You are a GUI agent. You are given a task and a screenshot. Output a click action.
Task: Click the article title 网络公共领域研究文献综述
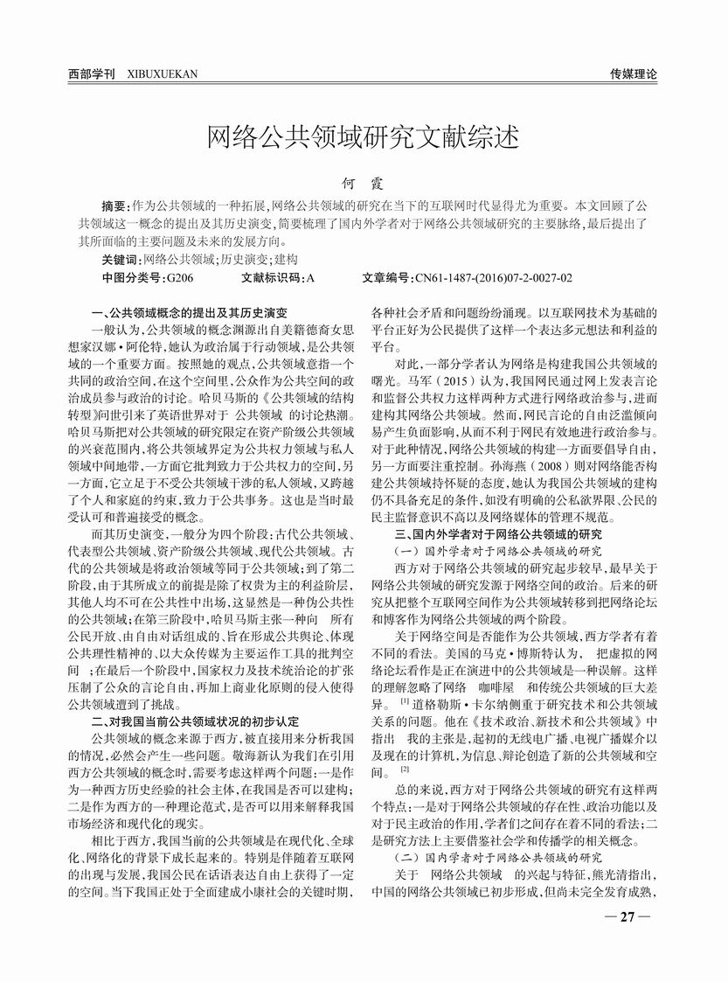point(363,137)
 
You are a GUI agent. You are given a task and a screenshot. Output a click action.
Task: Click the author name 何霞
point(363,185)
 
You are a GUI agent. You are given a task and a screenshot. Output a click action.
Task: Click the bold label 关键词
point(121,260)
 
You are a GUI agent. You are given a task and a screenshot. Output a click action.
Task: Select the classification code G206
point(179,278)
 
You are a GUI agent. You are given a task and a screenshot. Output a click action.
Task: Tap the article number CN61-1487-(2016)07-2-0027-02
point(493,278)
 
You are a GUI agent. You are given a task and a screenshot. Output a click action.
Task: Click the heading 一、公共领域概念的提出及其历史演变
point(190,312)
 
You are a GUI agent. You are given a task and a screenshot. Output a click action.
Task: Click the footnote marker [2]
point(405,770)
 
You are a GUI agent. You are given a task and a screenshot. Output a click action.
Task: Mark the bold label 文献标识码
point(271,278)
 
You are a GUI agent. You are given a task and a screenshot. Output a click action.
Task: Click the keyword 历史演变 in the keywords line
point(245,260)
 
